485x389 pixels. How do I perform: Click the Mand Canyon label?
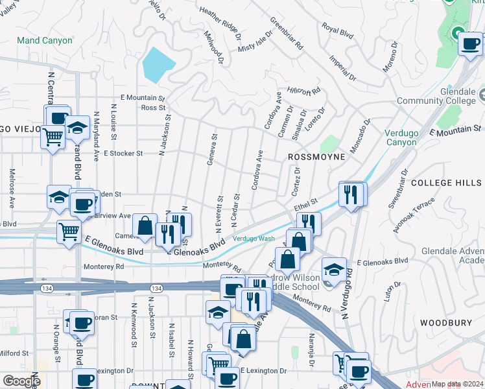(x=45, y=40)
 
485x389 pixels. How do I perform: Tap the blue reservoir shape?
(x=158, y=64)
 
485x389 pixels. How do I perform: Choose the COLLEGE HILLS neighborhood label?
(x=446, y=183)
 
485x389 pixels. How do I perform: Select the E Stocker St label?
(x=123, y=154)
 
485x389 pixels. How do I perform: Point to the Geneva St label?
(x=211, y=150)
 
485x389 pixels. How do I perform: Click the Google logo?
(x=21, y=381)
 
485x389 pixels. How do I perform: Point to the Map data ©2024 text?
(x=456, y=384)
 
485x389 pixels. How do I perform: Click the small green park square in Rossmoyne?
(x=329, y=144)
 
